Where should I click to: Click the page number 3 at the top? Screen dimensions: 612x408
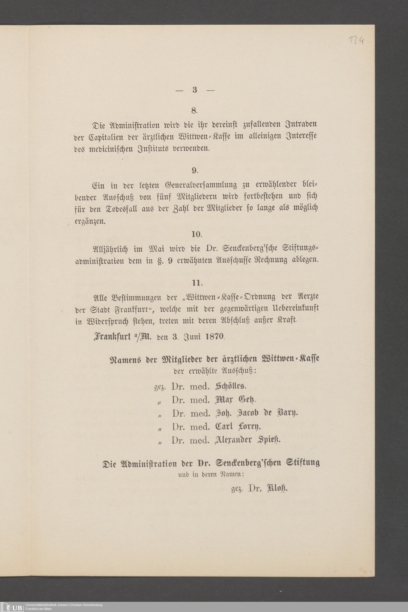click(x=194, y=90)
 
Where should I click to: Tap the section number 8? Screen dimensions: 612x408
click(x=194, y=111)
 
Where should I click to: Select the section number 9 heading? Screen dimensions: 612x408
click(x=194, y=171)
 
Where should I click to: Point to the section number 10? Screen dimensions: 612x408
click(x=196, y=234)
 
